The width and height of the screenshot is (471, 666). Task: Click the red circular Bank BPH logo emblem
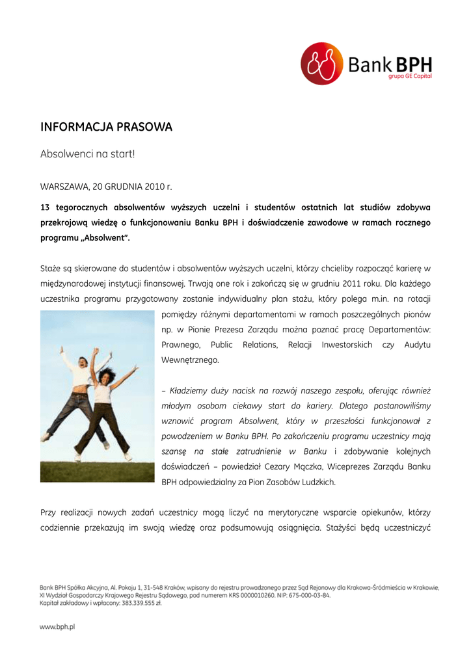(321, 64)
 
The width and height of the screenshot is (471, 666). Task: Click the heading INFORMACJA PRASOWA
(106, 127)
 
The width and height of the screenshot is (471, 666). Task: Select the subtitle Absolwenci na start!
(87, 154)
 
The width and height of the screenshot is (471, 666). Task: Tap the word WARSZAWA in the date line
(64, 187)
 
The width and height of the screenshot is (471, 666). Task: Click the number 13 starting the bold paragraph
(45, 207)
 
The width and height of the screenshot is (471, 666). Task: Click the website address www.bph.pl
(58, 627)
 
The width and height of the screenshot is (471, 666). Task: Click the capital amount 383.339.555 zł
(138, 603)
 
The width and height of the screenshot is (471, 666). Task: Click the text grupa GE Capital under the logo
(410, 76)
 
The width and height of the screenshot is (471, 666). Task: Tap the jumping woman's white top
(103, 393)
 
